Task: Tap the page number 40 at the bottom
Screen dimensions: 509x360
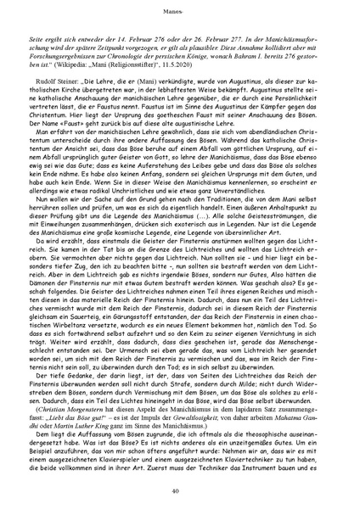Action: click(180, 490)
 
